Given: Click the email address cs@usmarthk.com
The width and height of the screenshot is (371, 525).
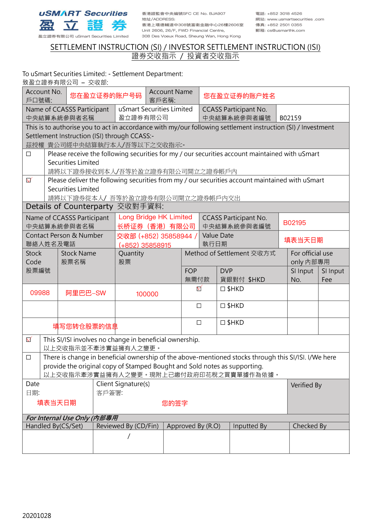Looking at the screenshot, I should click(x=286, y=31).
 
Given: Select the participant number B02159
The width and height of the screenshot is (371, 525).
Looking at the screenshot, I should click(x=290, y=118).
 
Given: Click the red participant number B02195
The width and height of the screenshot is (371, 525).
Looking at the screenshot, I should click(x=294, y=223).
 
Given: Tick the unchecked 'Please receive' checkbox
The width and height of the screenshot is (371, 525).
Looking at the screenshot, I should click(x=29, y=154).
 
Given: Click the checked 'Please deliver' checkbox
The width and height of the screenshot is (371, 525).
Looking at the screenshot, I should click(x=29, y=180).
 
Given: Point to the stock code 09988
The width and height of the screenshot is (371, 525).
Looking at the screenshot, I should click(x=40, y=293).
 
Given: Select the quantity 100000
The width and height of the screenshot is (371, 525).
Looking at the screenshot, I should click(x=147, y=294).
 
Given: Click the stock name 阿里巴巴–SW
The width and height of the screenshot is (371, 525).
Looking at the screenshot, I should click(x=86, y=293).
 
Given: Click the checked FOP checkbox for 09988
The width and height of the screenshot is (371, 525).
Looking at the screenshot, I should click(x=199, y=289).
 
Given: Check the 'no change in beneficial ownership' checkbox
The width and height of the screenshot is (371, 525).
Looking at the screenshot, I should click(x=29, y=340).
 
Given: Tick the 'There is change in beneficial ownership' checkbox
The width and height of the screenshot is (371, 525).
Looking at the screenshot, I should click(x=29, y=357).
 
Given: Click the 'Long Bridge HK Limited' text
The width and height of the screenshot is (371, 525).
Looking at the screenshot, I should click(x=155, y=217).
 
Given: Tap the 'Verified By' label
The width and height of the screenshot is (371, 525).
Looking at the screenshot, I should click(x=306, y=385).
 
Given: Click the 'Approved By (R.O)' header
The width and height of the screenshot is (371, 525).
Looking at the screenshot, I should click(x=194, y=426).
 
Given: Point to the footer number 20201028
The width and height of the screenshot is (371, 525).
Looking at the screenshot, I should click(x=37, y=516).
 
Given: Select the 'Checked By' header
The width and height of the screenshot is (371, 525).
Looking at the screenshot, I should click(x=309, y=426).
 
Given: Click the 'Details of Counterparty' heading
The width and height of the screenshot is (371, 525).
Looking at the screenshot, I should click(x=69, y=207).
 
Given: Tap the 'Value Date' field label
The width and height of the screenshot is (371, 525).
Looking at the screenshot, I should click(x=218, y=236).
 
